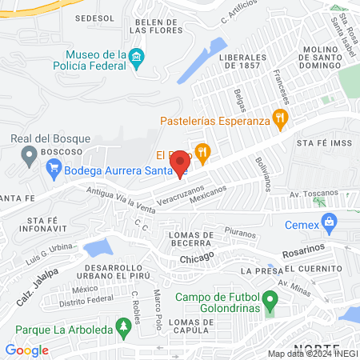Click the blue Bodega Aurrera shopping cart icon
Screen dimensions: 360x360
point(54,167)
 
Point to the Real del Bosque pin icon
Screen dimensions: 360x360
point(30,153)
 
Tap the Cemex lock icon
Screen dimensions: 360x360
point(327,221)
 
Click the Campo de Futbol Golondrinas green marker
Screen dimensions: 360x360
point(270,303)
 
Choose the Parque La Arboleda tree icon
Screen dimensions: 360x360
point(122,327)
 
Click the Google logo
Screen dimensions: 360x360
point(27,350)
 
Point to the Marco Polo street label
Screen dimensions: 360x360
point(159,302)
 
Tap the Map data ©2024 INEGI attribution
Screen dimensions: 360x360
point(311,354)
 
